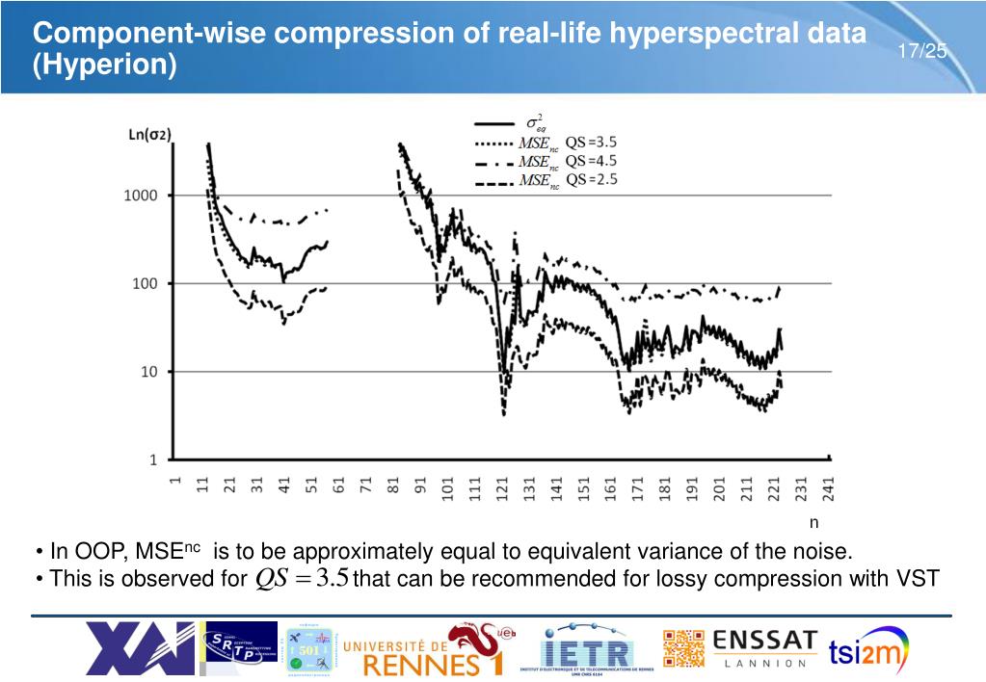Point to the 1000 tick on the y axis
141,196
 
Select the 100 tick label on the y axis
146,283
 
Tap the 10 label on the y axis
150,372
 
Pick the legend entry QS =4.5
590,161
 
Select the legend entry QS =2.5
590,179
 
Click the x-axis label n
813,523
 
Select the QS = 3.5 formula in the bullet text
302,578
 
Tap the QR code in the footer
683,649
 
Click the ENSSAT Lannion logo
765,648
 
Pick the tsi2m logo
868,650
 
